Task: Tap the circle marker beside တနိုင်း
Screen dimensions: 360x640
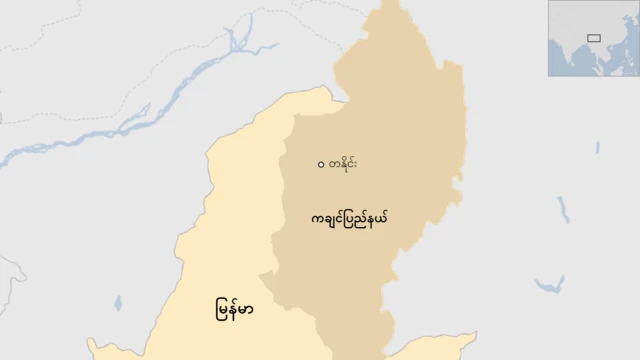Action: tap(320, 165)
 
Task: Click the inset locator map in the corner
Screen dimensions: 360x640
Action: tap(592, 38)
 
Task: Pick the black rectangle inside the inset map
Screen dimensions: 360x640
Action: tap(594, 38)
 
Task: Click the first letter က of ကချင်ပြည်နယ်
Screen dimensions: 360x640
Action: tap(315, 217)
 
